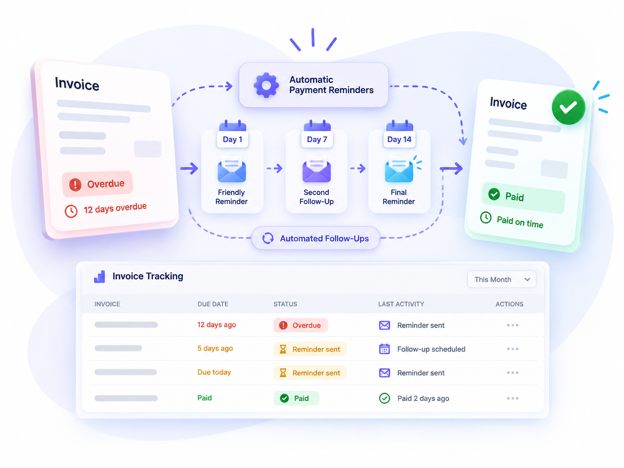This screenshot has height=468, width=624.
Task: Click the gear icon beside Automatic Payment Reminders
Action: pos(266,85)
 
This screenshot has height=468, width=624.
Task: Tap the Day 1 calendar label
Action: pos(232,139)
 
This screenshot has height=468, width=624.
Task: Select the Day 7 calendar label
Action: pos(317,139)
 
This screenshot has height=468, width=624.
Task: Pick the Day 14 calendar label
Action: pos(399,139)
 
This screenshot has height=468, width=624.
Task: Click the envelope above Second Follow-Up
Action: pos(317,170)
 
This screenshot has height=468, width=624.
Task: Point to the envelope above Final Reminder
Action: pos(399,170)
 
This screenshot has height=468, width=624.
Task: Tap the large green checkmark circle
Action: pos(568,107)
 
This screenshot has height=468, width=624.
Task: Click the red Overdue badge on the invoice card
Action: pos(97,184)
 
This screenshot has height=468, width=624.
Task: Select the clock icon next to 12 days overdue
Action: pos(71,211)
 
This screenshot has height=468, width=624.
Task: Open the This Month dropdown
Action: pos(502,279)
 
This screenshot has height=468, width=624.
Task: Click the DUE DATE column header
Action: pos(212,304)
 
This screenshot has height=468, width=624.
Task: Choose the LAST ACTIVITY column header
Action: pos(401,304)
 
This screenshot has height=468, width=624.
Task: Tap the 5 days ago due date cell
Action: pos(215,348)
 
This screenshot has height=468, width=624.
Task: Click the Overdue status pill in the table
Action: pos(300,325)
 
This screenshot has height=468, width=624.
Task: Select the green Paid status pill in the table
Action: pos(296,398)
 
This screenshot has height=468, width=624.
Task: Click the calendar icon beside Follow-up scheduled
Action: pos(384,349)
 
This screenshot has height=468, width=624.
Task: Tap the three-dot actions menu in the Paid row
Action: pos(512,398)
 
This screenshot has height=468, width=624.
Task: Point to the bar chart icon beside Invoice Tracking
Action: pos(100,277)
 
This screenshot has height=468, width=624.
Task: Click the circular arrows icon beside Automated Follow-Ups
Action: pos(268,238)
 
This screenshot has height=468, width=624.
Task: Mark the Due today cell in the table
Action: pos(214,372)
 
